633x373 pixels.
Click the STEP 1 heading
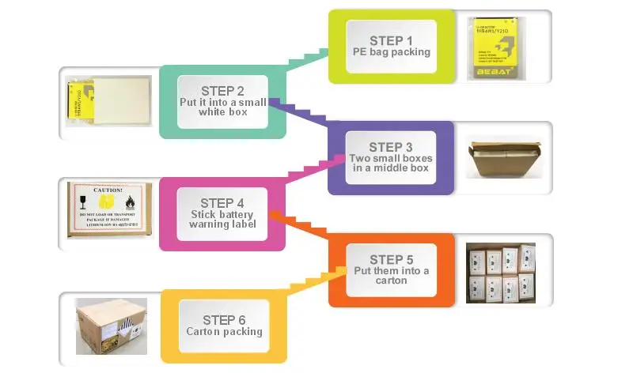pyautogui.click(x=391, y=40)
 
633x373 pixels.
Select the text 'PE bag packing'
pyautogui.click(x=391, y=52)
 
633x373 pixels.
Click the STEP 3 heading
pyautogui.click(x=391, y=147)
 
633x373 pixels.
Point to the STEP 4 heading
pyautogui.click(x=222, y=202)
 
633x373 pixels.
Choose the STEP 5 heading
pyautogui.click(x=391, y=259)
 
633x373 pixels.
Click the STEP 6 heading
pyautogui.click(x=224, y=319)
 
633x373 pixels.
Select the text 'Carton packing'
pyautogui.click(x=224, y=332)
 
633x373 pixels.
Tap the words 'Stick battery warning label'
pyautogui.click(x=222, y=219)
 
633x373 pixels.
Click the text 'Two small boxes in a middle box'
pyautogui.click(x=391, y=163)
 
